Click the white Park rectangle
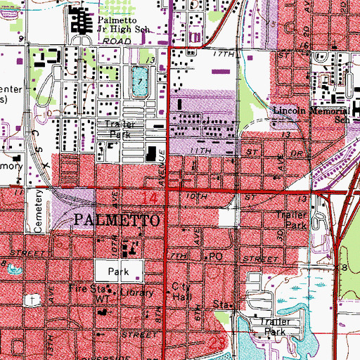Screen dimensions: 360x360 [x=120, y=270]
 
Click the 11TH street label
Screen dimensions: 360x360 [x=195, y=152]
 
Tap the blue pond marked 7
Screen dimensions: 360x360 [x=140, y=83]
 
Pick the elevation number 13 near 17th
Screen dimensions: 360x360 [x=149, y=61]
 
